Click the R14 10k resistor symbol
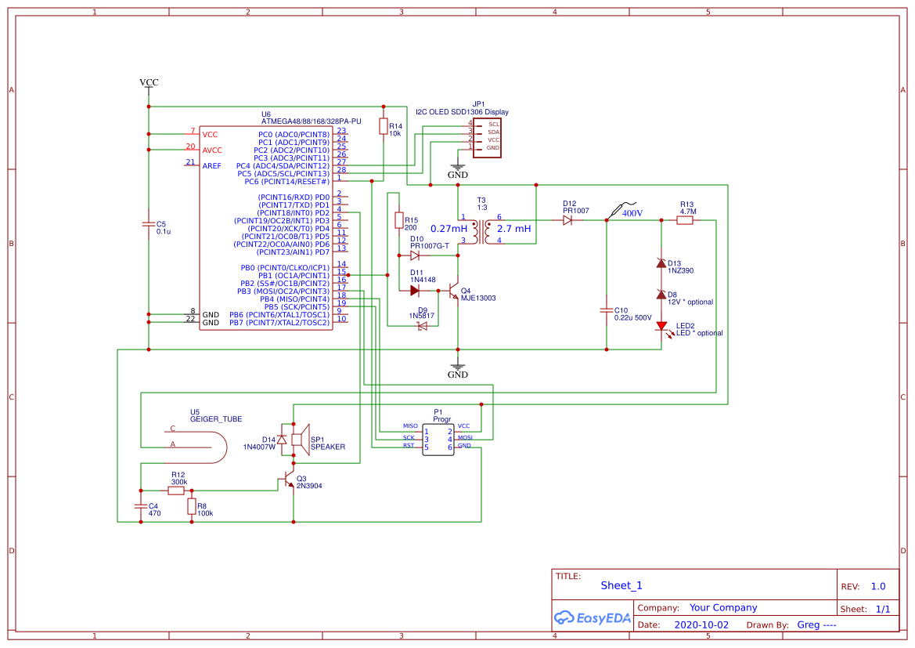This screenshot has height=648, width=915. click(384, 127)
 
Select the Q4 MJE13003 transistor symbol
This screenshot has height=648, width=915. click(454, 291)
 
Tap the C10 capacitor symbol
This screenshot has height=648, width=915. click(606, 310)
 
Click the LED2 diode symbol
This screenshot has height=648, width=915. click(661, 326)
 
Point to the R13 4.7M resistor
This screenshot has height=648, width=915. click(685, 221)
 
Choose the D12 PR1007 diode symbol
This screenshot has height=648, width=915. click(568, 221)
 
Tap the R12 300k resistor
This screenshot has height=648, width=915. click(176, 491)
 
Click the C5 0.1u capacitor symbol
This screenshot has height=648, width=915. click(149, 225)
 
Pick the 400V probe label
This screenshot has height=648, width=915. click(631, 213)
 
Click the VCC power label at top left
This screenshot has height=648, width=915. click(149, 82)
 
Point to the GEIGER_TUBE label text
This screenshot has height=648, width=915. click(216, 419)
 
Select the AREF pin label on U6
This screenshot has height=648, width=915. click(211, 166)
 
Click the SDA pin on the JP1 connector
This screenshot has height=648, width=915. click(493, 132)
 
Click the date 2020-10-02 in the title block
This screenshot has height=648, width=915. click(701, 625)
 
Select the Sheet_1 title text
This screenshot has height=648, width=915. click(621, 585)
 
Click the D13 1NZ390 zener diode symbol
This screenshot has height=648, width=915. click(661, 263)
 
